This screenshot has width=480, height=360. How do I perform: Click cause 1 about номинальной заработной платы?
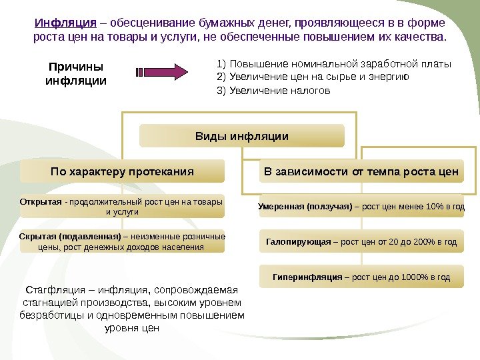[334, 65]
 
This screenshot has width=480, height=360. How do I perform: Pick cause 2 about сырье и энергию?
[313, 77]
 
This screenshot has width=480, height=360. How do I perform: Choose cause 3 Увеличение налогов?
[274, 91]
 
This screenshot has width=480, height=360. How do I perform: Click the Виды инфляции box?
[241, 136]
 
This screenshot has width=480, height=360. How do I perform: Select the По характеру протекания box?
[122, 171]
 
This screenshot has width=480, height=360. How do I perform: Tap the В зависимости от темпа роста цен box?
[361, 171]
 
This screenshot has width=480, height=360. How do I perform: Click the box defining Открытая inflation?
[122, 207]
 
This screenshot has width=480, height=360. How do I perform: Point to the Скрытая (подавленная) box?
[122, 242]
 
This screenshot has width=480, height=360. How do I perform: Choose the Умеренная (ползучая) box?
[361, 207]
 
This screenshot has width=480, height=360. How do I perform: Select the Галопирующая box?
[361, 241]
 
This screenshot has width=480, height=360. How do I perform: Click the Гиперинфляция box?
[361, 277]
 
